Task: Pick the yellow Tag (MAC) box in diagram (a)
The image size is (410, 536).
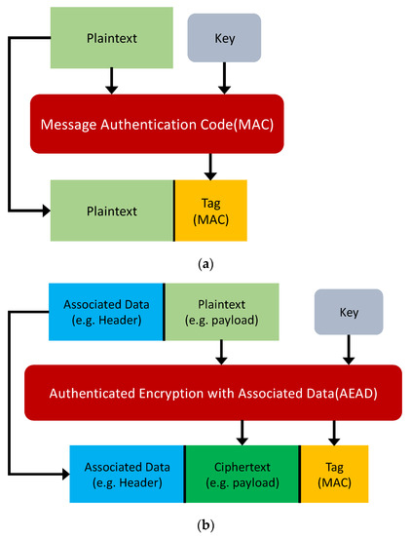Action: pyautogui.click(x=210, y=209)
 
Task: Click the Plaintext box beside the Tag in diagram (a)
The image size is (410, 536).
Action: pyautogui.click(x=112, y=209)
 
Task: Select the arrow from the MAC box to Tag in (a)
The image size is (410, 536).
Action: pyautogui.click(x=210, y=168)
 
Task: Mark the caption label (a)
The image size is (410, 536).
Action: pyautogui.click(x=205, y=264)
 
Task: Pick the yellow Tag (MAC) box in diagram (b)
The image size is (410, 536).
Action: pyautogui.click(x=334, y=472)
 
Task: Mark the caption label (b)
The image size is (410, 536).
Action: pyautogui.click(x=205, y=525)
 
